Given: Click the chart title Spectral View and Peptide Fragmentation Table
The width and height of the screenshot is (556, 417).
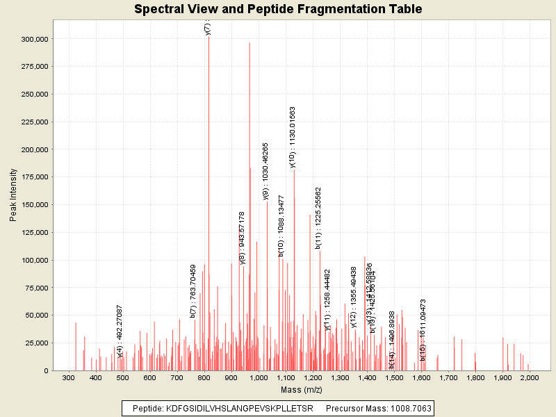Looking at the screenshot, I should tap(278, 10).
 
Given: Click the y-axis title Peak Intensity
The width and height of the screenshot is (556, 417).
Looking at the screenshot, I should tap(13, 196).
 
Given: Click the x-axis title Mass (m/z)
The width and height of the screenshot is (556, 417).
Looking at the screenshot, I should tap(300, 391).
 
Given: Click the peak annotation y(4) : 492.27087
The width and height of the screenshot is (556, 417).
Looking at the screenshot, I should tap(120, 331).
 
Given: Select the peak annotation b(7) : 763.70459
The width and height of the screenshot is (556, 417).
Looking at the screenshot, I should tap(193, 291).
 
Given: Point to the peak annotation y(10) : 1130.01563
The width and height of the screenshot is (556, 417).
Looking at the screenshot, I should tap(293, 137).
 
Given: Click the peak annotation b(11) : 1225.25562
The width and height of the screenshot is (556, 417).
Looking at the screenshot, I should tap(318, 218).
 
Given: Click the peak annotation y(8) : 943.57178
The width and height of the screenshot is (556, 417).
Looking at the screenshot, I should tap(242, 238).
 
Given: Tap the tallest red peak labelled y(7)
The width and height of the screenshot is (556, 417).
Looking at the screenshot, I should tap(208, 139).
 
